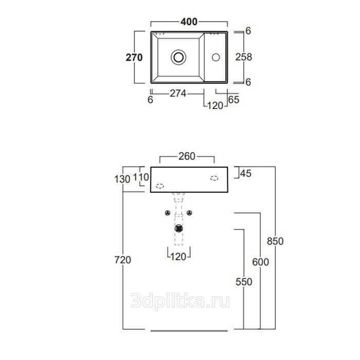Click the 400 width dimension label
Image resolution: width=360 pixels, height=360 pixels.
click(189, 22)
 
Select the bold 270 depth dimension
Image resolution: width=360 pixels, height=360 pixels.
click(134, 58)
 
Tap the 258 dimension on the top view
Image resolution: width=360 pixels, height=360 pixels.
click(244, 57)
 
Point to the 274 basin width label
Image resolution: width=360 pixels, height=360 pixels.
click(178, 94)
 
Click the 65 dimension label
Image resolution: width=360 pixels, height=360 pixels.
click(233, 100)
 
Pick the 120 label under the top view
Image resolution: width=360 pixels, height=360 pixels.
click(215, 105)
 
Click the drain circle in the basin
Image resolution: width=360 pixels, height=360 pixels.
click(178, 57)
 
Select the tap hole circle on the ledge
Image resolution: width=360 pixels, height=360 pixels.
click(216, 57)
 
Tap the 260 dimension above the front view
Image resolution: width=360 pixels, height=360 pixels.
click(187, 156)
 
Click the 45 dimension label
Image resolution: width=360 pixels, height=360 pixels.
click(246, 174)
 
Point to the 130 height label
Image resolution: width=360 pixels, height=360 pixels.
click(122, 179)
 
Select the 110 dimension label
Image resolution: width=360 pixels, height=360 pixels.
click(141, 177)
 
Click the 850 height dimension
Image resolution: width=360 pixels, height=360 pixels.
click(275, 241)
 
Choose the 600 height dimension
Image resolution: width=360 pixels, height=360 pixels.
click(260, 262)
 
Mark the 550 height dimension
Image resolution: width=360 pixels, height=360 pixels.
click(244, 282)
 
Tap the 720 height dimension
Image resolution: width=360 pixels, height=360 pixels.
click(122, 260)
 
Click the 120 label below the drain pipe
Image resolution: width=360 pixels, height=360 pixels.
click(178, 257)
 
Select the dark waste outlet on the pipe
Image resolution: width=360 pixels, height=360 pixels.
click(178, 228)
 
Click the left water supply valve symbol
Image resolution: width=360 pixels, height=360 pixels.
click(168, 213)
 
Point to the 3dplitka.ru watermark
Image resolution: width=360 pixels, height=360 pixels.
click(180, 301)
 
